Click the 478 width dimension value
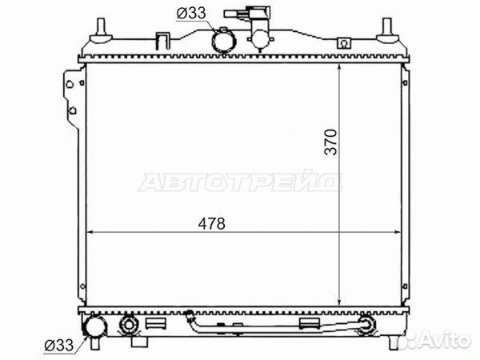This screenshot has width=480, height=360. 211,223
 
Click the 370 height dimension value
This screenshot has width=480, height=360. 330,142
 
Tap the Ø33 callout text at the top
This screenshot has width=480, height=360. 191,13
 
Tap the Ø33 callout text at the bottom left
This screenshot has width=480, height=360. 59,346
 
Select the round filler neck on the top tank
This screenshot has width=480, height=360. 224,42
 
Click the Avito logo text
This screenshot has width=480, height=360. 446,339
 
